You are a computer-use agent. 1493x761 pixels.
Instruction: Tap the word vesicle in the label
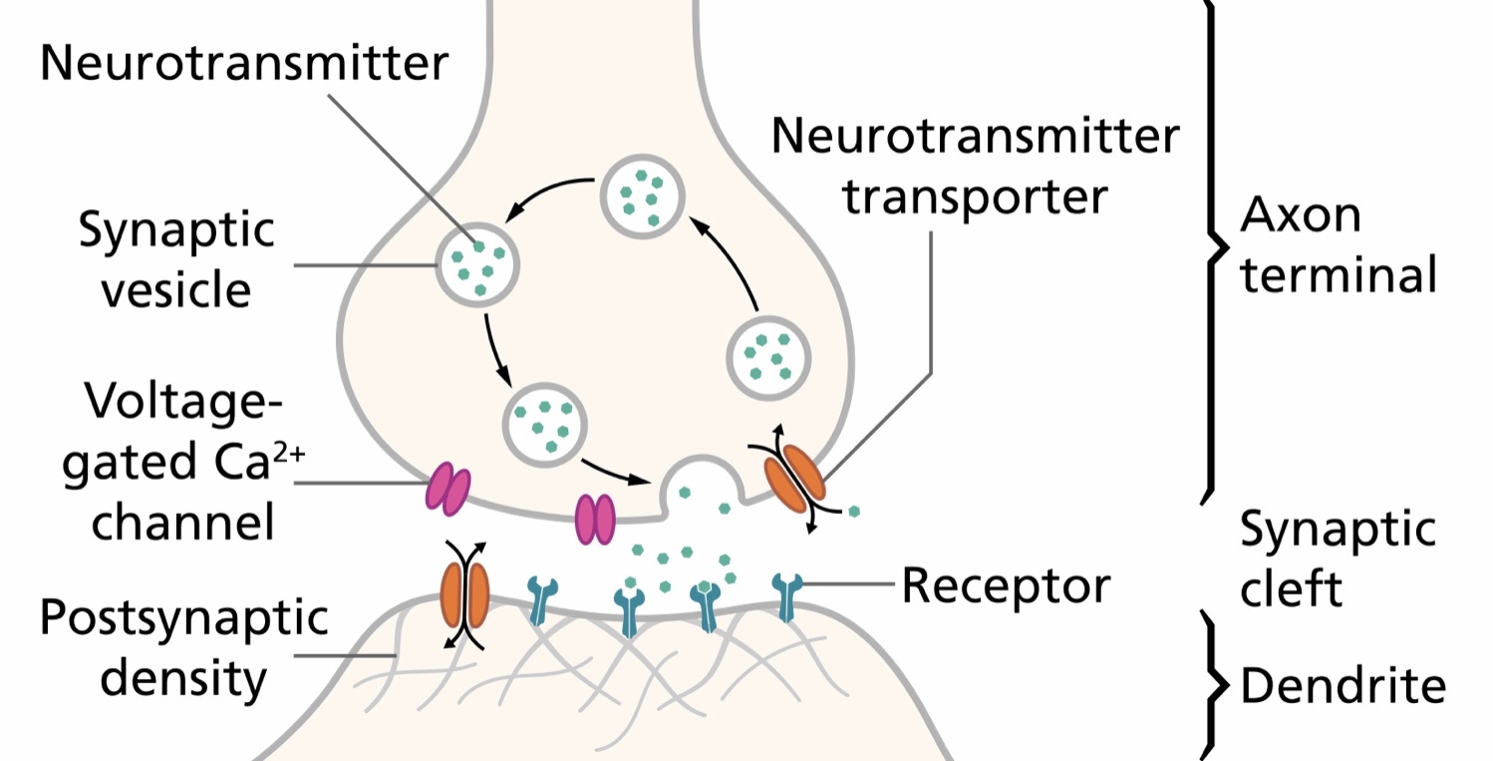click(x=177, y=291)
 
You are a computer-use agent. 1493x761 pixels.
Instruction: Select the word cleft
click(x=1291, y=587)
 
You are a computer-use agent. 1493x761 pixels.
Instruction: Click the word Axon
click(x=1300, y=215)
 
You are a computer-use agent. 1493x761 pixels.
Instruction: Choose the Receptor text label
click(x=1006, y=586)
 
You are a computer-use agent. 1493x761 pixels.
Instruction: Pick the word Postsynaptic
click(x=183, y=618)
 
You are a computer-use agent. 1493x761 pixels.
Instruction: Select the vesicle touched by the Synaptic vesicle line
click(x=477, y=262)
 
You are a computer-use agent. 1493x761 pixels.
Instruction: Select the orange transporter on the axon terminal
click(x=794, y=474)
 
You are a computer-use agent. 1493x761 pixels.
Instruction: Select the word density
click(x=184, y=678)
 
